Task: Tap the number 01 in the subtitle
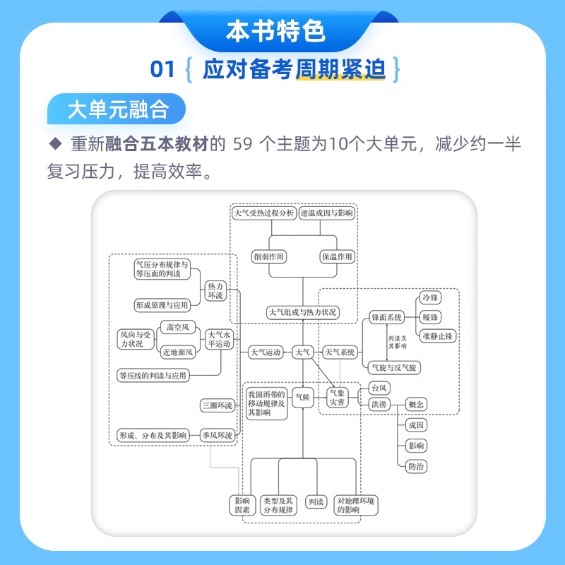point(162,69)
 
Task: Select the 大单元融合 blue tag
point(117,109)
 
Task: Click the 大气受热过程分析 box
point(264,213)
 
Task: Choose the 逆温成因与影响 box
point(326,213)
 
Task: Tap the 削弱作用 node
point(268,256)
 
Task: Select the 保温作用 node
point(336,256)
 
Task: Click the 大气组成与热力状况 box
point(303,311)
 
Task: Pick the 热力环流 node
point(215,291)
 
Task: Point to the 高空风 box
point(176,327)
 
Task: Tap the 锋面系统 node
point(386,318)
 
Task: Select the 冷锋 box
point(429,298)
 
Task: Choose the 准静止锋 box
point(437,336)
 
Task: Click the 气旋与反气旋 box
point(393,367)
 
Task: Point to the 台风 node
point(379,388)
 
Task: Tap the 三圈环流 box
point(217,405)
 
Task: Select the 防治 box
point(416,466)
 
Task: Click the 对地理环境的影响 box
point(357,504)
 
